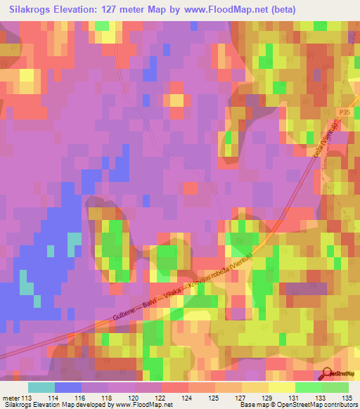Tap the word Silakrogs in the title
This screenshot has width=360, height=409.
34,9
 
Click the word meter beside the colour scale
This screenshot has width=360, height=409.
11,398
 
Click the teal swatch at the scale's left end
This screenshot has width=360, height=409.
41,387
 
